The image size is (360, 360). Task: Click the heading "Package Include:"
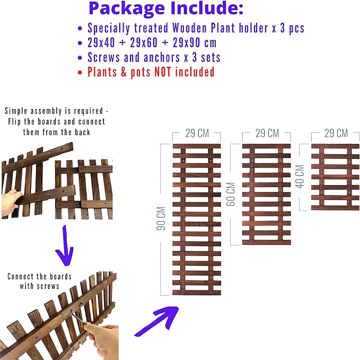tap(166, 8)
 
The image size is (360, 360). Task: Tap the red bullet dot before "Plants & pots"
tap(80, 73)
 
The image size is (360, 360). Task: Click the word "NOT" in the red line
tap(163, 72)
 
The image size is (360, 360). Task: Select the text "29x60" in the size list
tap(144, 43)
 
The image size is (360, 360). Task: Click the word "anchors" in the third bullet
tap(162, 57)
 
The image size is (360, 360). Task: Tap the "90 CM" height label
tap(161, 218)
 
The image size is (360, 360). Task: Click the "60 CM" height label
tap(231, 194)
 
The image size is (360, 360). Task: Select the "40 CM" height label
tap(300, 177)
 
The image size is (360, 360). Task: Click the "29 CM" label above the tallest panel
tap(197, 134)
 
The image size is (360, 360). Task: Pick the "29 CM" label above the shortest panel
tap(336, 133)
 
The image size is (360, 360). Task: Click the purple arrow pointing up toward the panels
tap(157, 321)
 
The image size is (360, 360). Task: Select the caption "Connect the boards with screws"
tap(39, 281)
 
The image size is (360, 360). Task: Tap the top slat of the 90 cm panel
tap(197, 146)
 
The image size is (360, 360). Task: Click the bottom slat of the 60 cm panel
tap(267, 242)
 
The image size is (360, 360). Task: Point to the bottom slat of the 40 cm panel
tap(336, 208)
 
